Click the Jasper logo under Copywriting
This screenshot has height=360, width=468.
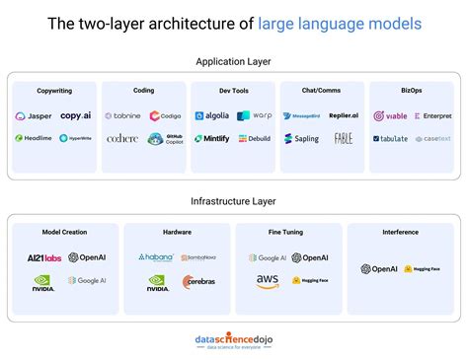(x=34, y=115)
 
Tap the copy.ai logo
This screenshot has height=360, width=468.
(x=76, y=115)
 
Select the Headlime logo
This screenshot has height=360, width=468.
(x=34, y=138)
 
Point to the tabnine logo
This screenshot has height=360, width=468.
(x=122, y=115)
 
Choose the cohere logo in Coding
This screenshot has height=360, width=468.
(x=122, y=139)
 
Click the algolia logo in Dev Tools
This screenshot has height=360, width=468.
(x=211, y=115)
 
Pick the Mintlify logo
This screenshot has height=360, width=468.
(x=211, y=139)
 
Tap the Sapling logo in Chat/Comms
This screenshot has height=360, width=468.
(x=301, y=139)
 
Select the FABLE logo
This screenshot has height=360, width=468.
(x=343, y=139)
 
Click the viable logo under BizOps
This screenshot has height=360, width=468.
(x=390, y=115)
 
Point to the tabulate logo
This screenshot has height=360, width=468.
(x=390, y=139)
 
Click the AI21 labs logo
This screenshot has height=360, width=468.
(x=44, y=258)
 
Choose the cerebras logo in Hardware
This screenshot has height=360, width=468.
(x=197, y=282)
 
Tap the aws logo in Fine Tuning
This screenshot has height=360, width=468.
(x=268, y=282)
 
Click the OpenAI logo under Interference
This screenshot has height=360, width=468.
(x=378, y=269)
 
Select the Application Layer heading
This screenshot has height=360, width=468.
(x=234, y=61)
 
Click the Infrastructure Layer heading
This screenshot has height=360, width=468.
(x=234, y=201)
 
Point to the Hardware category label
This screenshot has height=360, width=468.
(x=177, y=233)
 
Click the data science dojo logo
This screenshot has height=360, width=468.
(x=234, y=340)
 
